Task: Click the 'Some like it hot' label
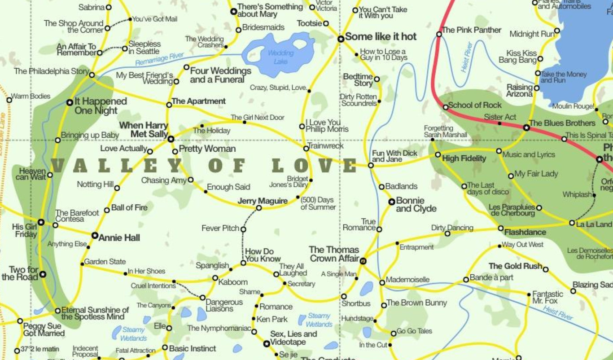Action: [381, 37]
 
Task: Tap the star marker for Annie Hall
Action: [95, 236]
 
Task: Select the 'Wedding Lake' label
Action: [280, 57]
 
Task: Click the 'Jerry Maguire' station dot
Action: [259, 208]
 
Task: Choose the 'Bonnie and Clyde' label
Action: [416, 205]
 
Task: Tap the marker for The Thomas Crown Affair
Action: [363, 261]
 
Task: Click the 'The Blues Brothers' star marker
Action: [527, 128]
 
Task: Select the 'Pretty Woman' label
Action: [207, 149]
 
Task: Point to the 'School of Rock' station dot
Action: [445, 107]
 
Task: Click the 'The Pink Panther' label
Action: [472, 30]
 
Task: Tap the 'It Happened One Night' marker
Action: [70, 103]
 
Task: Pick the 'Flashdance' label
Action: [525, 233]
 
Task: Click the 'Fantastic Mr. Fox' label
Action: [547, 297]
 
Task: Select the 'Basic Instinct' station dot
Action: [165, 347]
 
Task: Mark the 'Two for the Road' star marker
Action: [43, 274]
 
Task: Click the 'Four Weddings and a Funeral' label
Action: [220, 75]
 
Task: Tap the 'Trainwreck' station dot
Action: [306, 149]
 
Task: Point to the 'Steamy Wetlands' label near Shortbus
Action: [319, 320]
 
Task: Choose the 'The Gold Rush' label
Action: [515, 266]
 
